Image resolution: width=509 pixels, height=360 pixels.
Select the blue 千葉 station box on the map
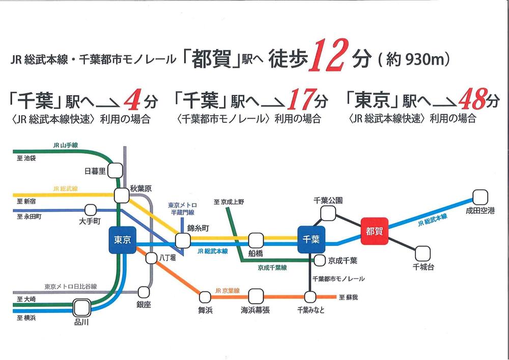311,239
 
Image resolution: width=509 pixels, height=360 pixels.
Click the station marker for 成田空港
479,197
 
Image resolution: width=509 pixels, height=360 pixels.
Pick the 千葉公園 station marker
328,213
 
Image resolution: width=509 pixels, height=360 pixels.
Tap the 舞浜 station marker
205,296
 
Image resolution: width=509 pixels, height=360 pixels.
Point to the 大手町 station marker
90,209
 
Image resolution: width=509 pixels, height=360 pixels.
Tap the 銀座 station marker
144,292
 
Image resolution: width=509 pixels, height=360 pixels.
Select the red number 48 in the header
470,101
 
